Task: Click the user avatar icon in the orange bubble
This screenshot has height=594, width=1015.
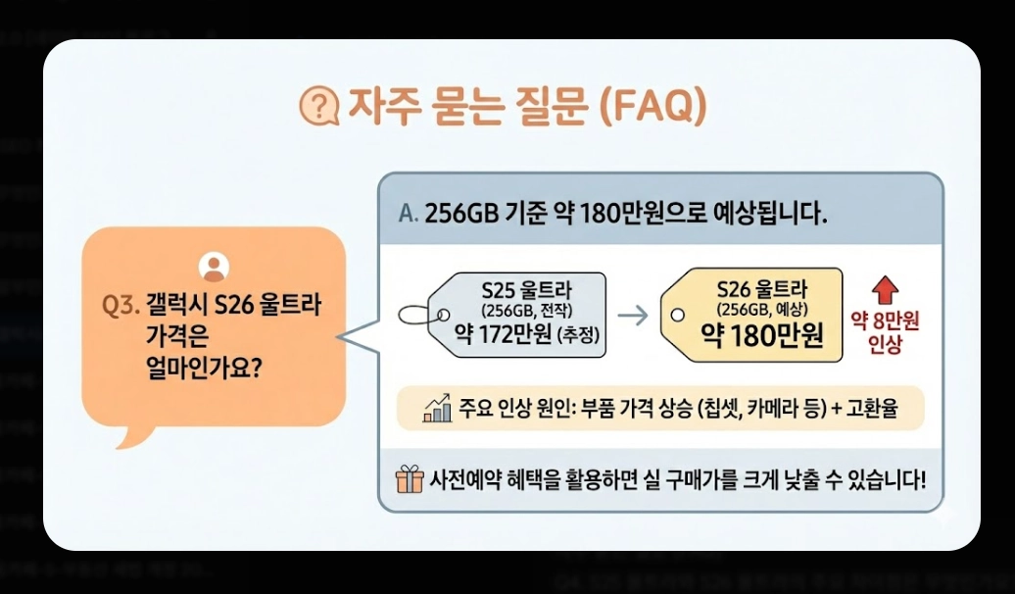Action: point(214,265)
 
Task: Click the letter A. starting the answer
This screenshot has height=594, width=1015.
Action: point(408,213)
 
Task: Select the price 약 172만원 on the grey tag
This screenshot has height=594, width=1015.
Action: point(500,339)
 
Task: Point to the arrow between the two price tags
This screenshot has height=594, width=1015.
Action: point(636,316)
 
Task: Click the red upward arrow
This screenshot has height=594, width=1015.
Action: point(885,288)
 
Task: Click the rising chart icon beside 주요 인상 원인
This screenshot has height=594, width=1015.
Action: point(437,408)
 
